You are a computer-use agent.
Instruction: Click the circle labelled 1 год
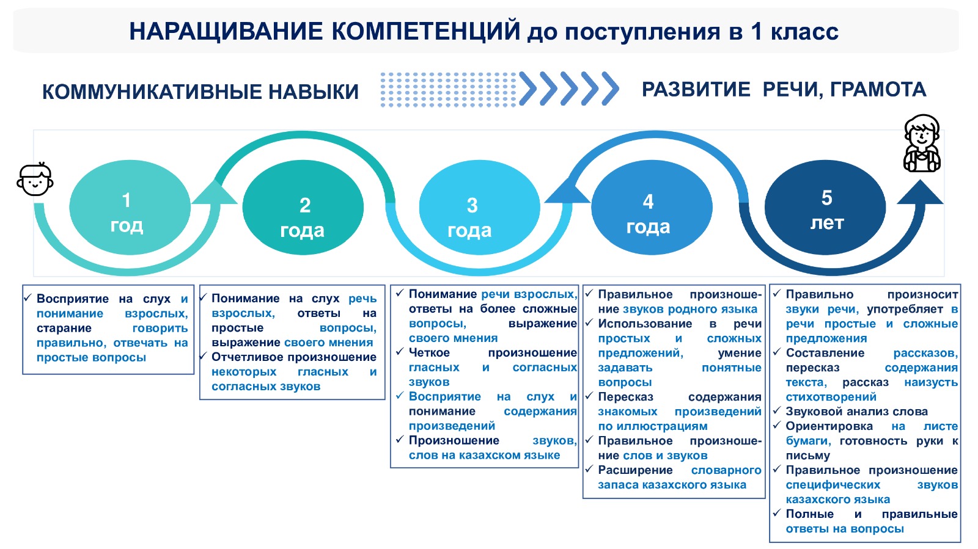[130, 208]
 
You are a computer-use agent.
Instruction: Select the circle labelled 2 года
[303, 208]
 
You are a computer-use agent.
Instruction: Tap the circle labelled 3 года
[479, 208]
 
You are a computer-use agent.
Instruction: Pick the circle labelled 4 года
[652, 208]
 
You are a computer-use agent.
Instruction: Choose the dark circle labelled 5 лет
[825, 208]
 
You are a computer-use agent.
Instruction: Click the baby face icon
[35, 179]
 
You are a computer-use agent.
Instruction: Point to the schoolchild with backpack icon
[922, 144]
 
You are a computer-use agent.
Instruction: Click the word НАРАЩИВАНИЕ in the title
[226, 31]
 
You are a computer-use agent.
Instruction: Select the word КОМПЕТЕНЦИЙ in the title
[425, 31]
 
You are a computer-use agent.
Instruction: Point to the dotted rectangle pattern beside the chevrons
[449, 89]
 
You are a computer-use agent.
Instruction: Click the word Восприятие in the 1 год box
[73, 299]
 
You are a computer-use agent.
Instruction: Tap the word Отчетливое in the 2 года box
[249, 357]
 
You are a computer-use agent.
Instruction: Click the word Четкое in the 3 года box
[429, 352]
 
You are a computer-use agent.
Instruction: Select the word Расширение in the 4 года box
[635, 470]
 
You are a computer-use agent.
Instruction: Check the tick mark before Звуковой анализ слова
[777, 410]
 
